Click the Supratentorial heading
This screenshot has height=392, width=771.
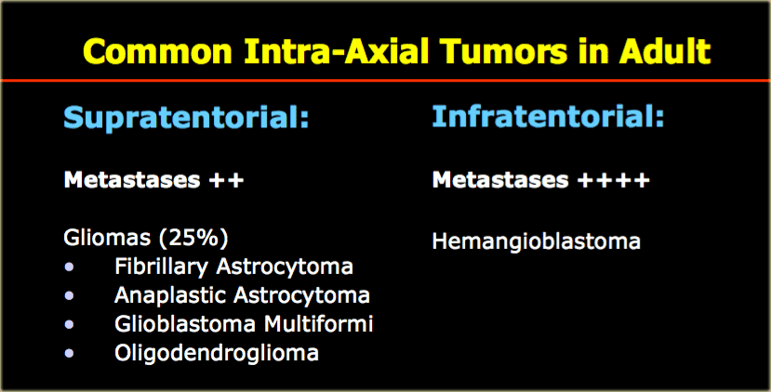[x=186, y=118]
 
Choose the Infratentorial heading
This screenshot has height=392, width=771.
[x=548, y=116]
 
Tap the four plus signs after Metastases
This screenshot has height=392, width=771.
[x=613, y=180]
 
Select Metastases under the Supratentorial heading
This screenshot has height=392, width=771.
[x=132, y=180]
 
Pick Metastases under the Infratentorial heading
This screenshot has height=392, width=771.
[x=500, y=180]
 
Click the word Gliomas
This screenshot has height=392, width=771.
[x=107, y=238]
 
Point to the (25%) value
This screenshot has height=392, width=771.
[x=193, y=239]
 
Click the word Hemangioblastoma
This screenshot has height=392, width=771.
[x=536, y=242]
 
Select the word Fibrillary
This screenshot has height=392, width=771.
[x=161, y=268]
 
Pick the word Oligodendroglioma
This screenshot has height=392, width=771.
[x=217, y=353]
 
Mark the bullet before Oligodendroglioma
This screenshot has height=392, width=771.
[x=69, y=353]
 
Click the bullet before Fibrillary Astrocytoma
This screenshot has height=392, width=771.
[x=69, y=268]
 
